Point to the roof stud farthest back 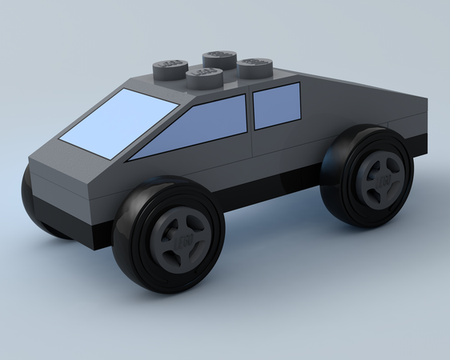pos(218,58)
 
